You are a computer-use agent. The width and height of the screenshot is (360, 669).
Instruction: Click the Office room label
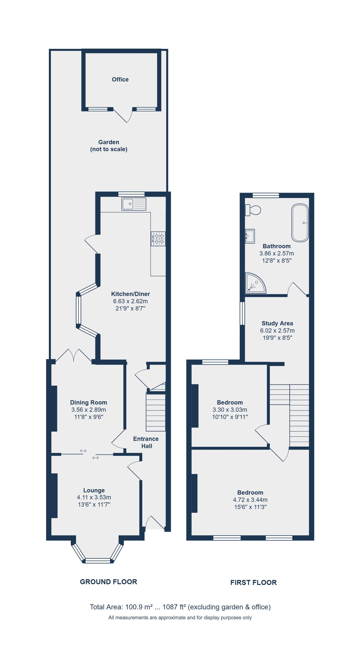(120, 80)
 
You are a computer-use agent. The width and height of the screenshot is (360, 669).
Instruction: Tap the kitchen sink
(134, 204)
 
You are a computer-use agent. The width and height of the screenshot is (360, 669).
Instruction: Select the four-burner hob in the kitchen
(158, 239)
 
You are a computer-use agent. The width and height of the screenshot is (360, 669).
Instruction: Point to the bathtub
(300, 223)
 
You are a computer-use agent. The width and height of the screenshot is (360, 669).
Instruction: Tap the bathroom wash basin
(250, 236)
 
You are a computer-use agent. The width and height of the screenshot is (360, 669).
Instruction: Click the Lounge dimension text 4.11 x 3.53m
(94, 497)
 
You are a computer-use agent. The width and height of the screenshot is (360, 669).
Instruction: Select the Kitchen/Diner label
(130, 294)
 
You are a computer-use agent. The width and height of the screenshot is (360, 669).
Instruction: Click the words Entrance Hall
(146, 442)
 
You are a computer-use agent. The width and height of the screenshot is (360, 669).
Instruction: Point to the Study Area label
(277, 323)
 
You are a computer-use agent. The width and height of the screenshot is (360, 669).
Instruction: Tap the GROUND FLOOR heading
(108, 582)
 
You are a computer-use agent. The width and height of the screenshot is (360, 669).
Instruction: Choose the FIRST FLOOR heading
(253, 582)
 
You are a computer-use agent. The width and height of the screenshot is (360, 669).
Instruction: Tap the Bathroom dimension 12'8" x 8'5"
(277, 261)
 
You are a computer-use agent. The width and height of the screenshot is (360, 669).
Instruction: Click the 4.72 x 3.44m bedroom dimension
(250, 500)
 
